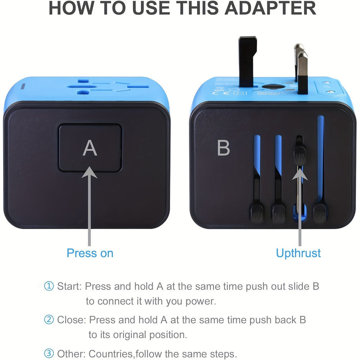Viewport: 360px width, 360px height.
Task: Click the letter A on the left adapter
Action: point(90,148)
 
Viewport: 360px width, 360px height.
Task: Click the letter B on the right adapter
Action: point(223,148)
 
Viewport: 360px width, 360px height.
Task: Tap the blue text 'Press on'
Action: point(90,253)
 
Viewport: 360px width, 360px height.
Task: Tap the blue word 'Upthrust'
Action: point(298,253)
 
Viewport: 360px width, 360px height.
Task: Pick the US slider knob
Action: point(278,213)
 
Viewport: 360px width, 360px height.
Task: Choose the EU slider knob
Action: point(319,213)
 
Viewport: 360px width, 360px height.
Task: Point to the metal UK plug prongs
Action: point(301,67)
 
